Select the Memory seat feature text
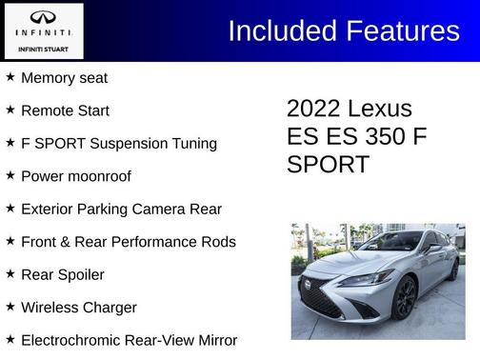click(x=64, y=78)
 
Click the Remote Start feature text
click(x=65, y=110)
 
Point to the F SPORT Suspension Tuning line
click(x=118, y=144)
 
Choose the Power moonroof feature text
click(x=75, y=176)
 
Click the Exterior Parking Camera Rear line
click(x=120, y=209)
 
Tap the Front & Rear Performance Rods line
click(x=128, y=242)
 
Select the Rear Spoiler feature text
click(x=62, y=274)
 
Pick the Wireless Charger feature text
click(x=78, y=308)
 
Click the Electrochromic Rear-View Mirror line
click(x=129, y=340)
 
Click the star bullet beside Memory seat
click(x=10, y=77)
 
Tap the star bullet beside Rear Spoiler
click(x=10, y=274)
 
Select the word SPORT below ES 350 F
click(x=328, y=164)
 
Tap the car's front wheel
click(x=406, y=304)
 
